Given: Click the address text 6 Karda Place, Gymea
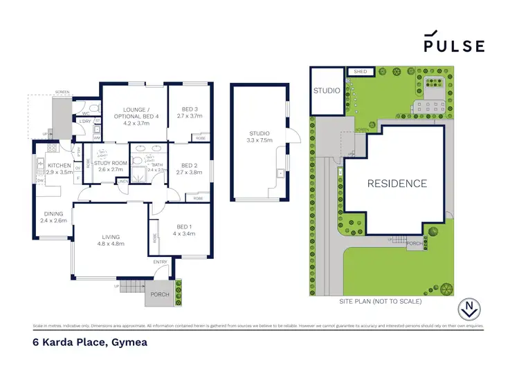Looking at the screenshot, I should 89,342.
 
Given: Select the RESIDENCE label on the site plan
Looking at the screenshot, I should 397,184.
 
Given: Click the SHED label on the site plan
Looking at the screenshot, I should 360,71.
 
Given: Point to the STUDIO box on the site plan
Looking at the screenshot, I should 327,90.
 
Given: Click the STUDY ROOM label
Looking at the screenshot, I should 111,165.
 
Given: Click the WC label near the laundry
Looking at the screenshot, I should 85,114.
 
